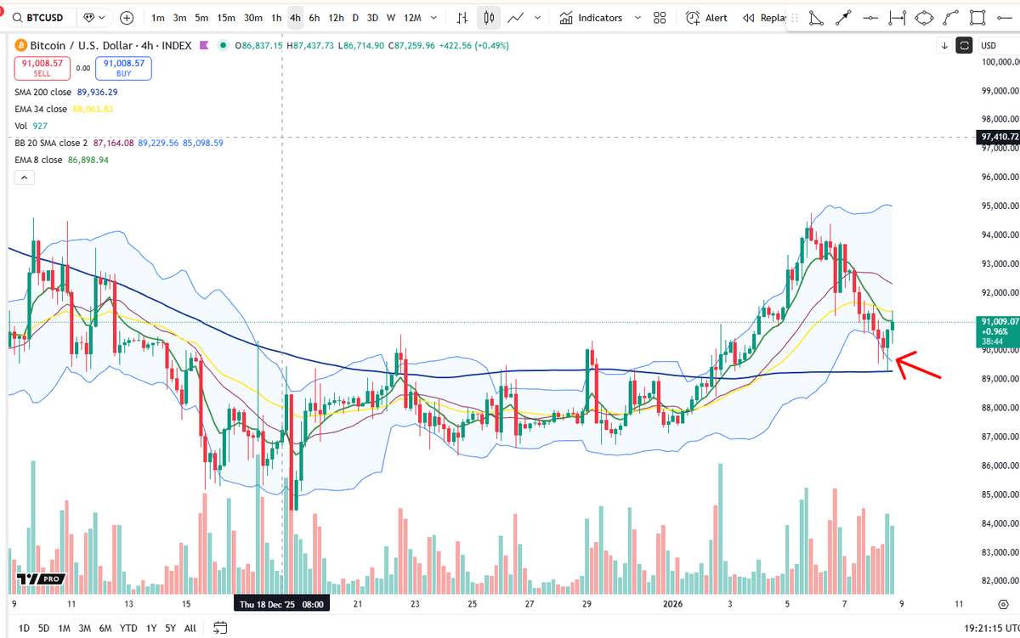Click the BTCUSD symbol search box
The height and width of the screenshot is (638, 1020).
40,18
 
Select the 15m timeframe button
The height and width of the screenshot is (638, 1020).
226,18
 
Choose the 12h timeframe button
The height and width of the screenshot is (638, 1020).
336,18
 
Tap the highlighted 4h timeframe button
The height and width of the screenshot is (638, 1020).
295,18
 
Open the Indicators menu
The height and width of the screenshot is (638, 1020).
591,18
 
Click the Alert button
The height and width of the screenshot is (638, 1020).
706,18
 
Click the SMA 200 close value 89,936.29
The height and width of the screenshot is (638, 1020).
97,92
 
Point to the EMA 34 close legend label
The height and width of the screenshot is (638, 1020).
41,110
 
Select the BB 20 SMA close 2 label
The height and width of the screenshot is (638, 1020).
51,143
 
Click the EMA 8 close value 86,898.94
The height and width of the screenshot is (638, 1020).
88,160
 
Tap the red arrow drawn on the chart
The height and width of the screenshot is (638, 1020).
917,365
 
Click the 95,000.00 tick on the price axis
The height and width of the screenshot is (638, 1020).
1000,206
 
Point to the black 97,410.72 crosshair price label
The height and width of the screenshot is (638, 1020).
999,137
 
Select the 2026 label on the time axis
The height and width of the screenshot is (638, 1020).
672,604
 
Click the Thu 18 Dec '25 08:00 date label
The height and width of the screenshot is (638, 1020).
281,604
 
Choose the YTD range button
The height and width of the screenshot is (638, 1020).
128,629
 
